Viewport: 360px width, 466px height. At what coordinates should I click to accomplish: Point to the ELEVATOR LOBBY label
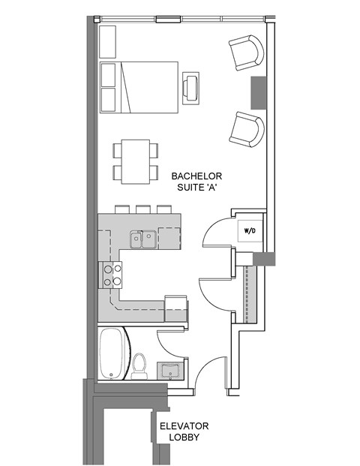tap(184, 431)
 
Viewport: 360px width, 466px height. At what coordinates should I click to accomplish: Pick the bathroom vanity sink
tap(169, 370)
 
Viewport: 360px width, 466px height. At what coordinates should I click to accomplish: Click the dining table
tap(135, 161)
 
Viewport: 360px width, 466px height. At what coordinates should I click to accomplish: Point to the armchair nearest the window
tap(247, 53)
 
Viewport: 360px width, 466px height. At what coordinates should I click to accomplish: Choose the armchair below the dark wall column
tap(247, 129)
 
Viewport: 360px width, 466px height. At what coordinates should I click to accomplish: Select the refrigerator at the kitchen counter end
tap(175, 308)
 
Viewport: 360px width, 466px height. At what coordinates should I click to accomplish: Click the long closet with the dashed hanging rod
tap(248, 293)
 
